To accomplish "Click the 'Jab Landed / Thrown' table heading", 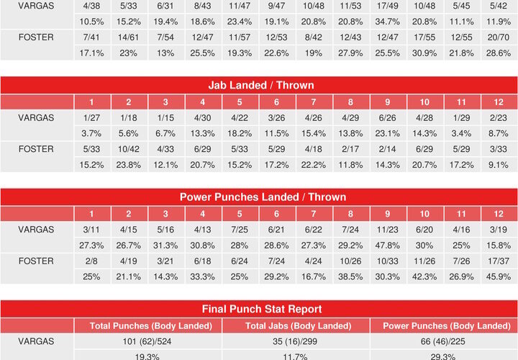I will [x=259, y=85].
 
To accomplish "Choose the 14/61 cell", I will [x=128, y=36].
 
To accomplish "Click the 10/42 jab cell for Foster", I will [x=128, y=148].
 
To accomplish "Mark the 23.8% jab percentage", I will [x=128, y=164].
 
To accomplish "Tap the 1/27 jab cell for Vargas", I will [x=91, y=115].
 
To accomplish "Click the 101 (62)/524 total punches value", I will [x=150, y=341].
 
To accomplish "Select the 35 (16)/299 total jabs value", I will [x=296, y=341].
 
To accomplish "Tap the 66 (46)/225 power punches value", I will [x=443, y=341].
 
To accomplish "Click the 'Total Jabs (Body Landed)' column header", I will [x=296, y=325].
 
